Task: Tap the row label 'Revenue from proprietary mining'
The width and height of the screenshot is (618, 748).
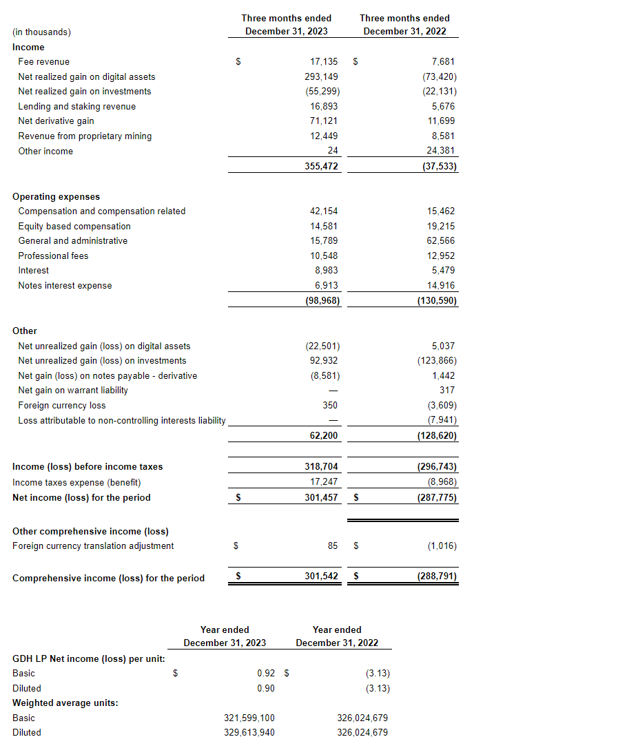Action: point(85,136)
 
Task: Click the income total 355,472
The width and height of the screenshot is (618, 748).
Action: point(321,166)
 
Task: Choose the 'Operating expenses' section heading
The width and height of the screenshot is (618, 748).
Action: point(56,196)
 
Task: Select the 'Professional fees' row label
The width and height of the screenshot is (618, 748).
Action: point(53,256)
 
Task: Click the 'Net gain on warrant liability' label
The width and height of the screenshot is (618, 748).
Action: point(73,390)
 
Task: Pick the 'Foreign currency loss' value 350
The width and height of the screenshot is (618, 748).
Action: point(330,405)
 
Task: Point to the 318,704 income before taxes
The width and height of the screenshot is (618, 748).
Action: point(321,466)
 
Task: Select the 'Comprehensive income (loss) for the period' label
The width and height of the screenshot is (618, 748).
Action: point(108,578)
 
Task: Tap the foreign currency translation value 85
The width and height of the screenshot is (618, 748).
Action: point(333,546)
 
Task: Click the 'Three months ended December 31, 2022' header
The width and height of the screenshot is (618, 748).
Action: point(404,25)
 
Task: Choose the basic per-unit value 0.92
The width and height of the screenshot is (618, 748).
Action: point(266,673)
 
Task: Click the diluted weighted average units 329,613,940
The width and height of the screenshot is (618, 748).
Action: point(249,732)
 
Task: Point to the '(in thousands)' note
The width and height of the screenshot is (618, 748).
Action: point(41,32)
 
